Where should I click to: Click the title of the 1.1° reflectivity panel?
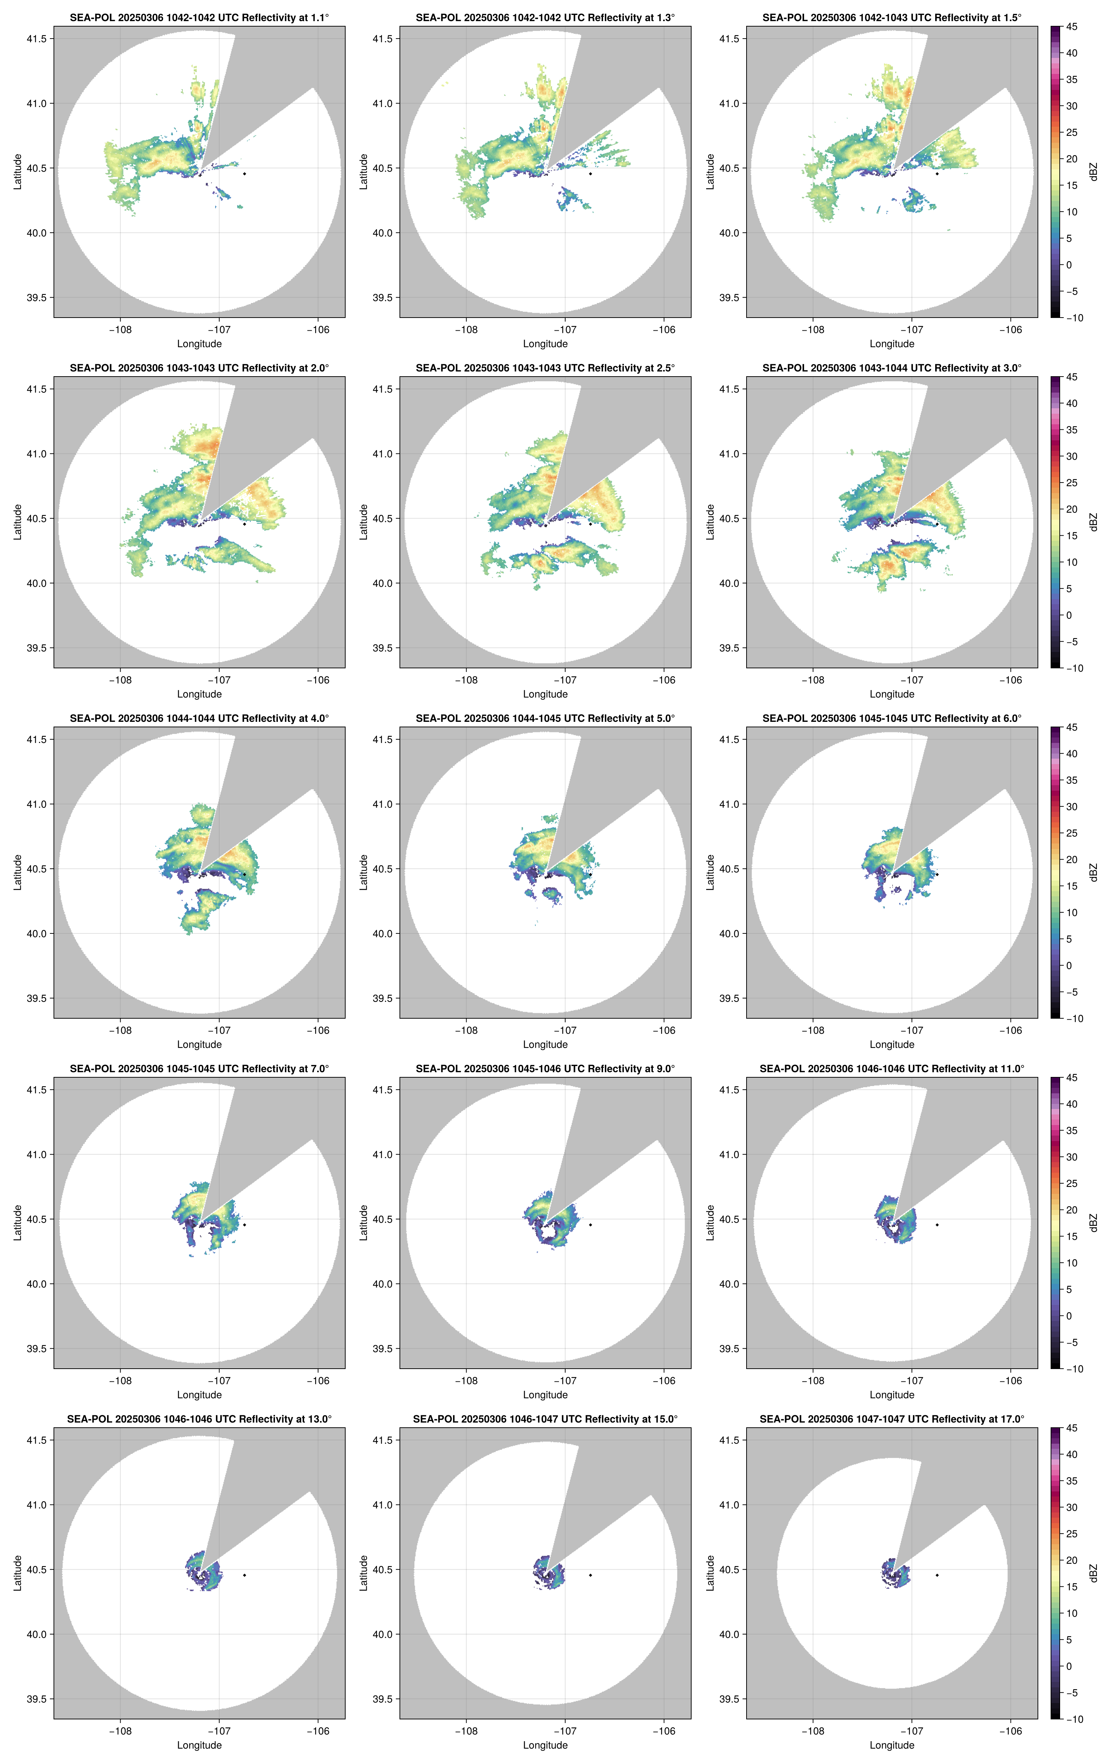pos(199,17)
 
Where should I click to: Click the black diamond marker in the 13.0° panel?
pos(244,1575)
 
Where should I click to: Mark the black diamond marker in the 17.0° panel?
pos(937,1575)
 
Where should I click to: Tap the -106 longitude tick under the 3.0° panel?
pos(1011,680)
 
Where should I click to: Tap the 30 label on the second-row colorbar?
pos(1071,456)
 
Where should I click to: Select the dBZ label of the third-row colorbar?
pos(1093,872)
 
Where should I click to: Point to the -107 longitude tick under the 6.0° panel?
pos(912,1030)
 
